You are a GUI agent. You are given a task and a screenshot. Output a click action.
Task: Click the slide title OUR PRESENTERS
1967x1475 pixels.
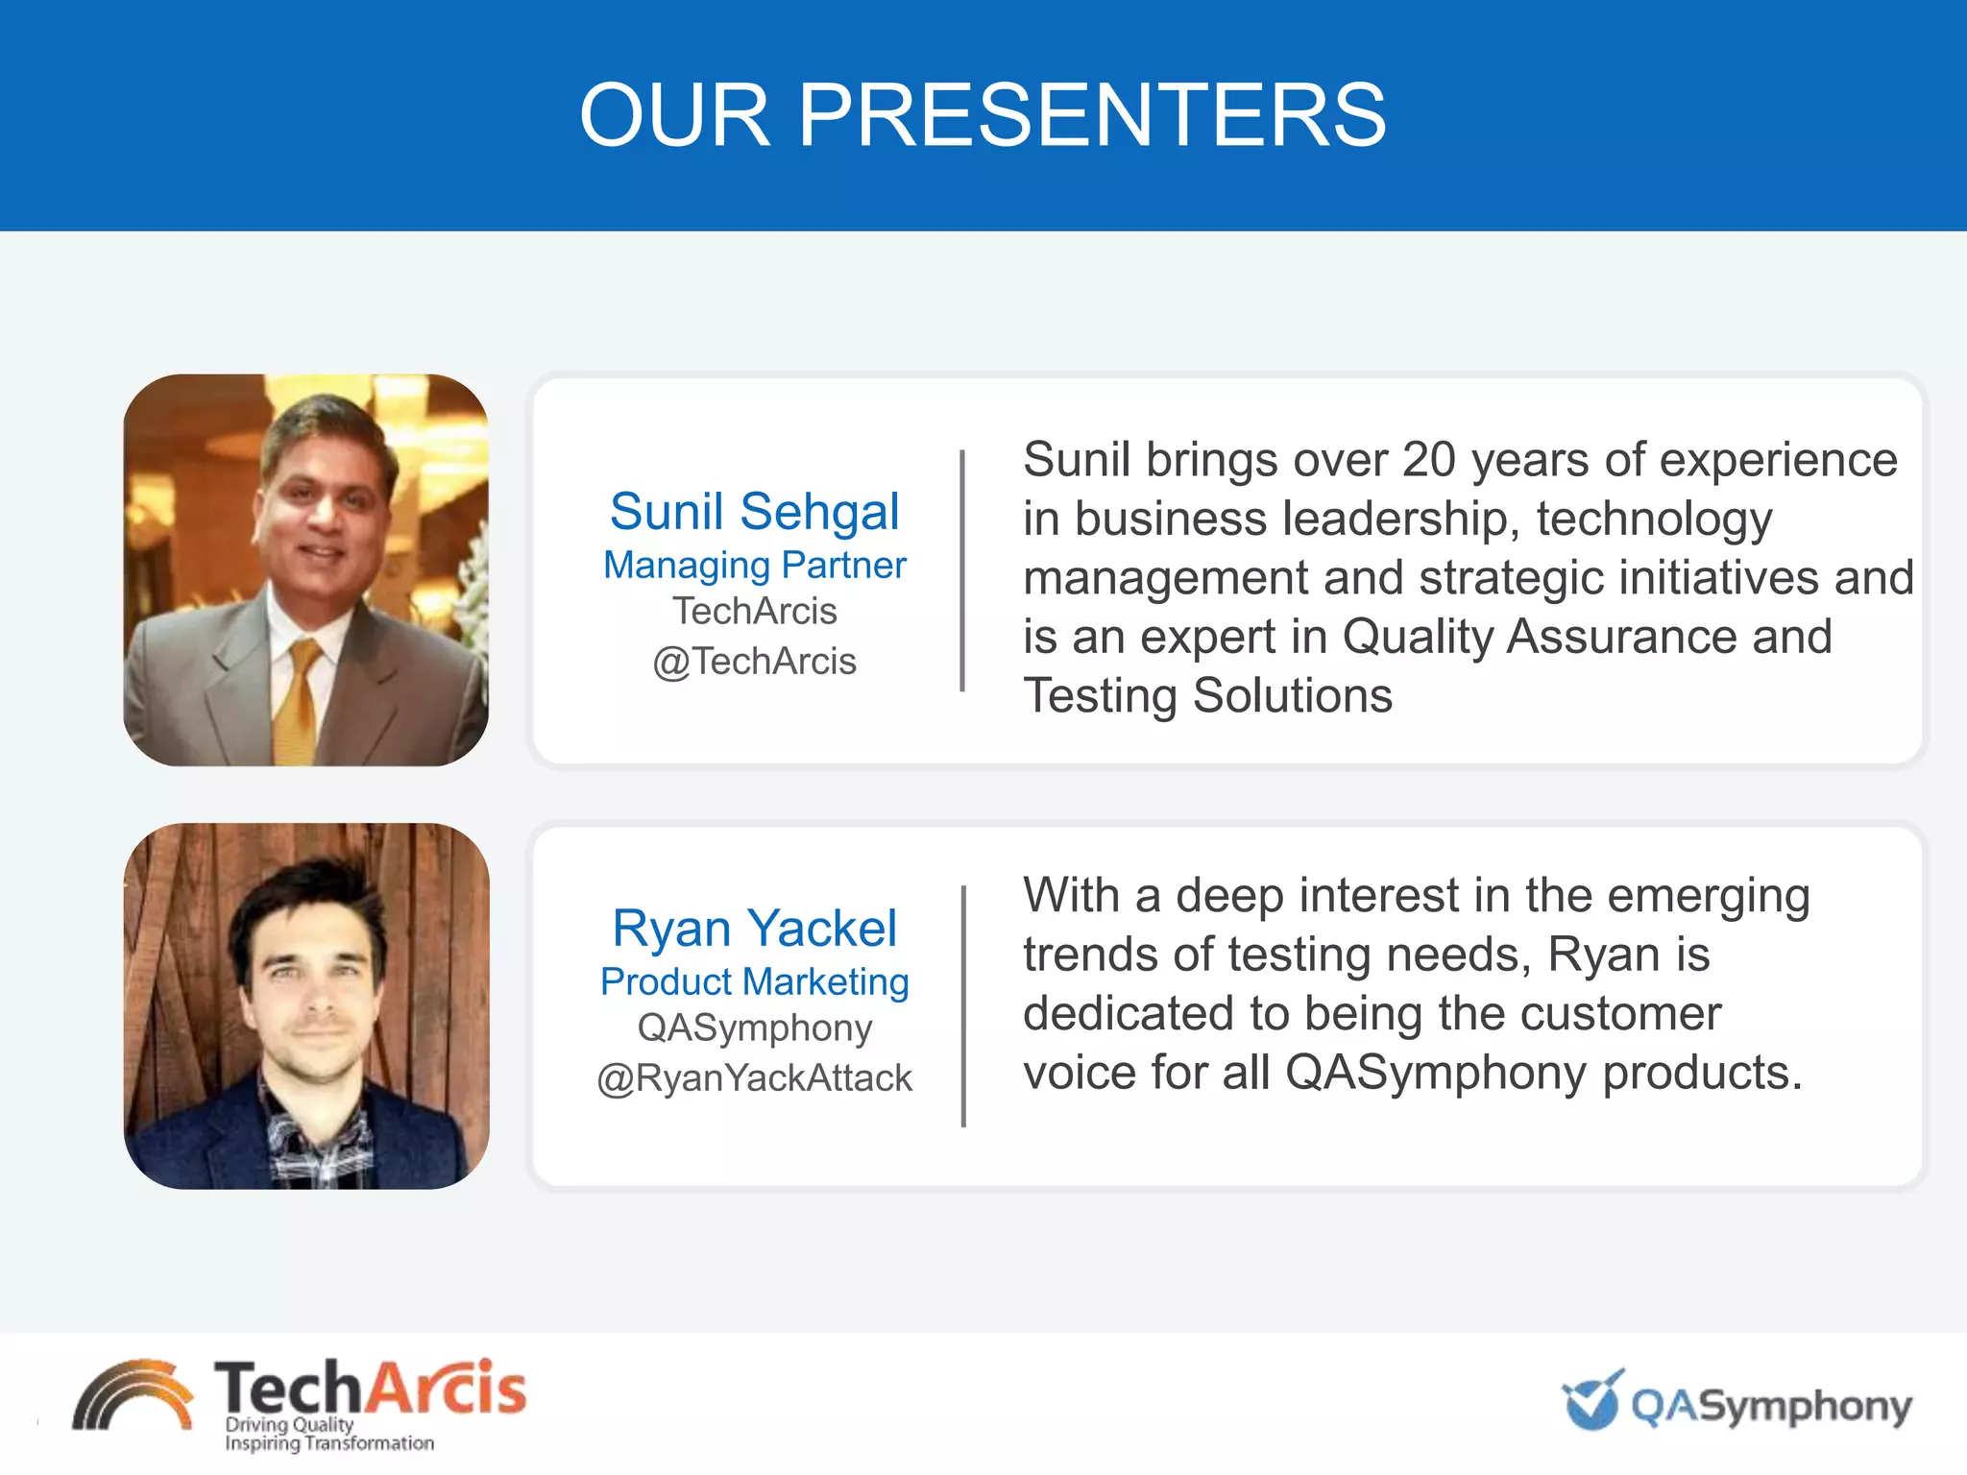pyautogui.click(x=983, y=115)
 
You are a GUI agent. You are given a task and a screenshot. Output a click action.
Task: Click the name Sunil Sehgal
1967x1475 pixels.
pyautogui.click(x=755, y=511)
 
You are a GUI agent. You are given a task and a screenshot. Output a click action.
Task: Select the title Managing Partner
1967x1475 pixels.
pyautogui.click(x=755, y=565)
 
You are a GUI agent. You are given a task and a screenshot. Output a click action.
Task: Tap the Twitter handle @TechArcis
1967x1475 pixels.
pyautogui.click(x=755, y=662)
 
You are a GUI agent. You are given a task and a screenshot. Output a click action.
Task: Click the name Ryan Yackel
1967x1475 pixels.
pyautogui.click(x=755, y=928)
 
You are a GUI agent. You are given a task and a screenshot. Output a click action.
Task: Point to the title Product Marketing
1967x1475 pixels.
pyautogui.click(x=755, y=981)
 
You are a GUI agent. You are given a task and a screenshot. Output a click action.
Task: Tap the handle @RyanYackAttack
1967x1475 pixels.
pyautogui.click(x=755, y=1078)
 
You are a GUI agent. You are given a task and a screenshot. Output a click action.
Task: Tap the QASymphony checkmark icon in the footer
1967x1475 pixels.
pyautogui.click(x=1593, y=1401)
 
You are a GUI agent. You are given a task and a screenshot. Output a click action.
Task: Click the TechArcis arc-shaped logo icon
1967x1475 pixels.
pyautogui.click(x=133, y=1397)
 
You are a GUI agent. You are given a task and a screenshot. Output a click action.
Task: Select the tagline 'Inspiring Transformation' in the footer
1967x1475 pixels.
pyautogui.click(x=329, y=1443)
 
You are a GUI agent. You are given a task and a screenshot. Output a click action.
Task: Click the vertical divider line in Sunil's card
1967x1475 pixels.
pyautogui.click(x=962, y=570)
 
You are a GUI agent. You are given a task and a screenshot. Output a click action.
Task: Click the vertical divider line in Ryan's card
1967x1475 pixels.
pyautogui.click(x=963, y=1005)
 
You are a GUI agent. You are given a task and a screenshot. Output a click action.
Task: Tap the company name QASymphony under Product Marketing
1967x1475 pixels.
pyautogui.click(x=755, y=1028)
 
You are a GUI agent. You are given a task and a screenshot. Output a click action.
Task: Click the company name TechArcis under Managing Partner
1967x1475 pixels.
pyautogui.click(x=755, y=612)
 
